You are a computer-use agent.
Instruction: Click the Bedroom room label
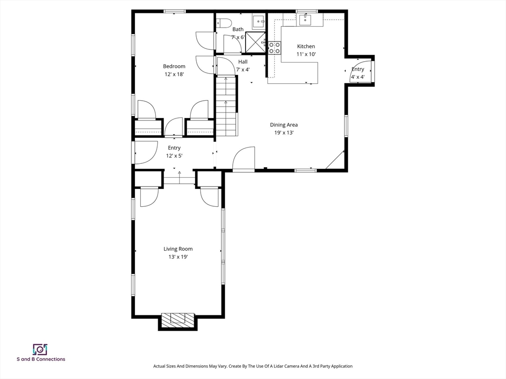tap(174, 66)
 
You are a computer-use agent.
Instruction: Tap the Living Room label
tap(178, 249)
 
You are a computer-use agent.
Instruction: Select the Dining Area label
tap(284, 125)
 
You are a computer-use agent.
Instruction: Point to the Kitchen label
tap(306, 46)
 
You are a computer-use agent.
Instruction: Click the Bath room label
tap(238, 29)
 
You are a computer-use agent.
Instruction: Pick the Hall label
tap(243, 62)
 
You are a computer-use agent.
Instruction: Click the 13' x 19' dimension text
tap(178, 257)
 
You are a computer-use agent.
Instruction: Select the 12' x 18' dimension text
tap(174, 74)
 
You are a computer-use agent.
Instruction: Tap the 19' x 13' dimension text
tap(284, 133)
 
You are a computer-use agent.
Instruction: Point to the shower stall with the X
tap(255, 42)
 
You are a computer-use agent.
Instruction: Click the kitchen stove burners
tap(274, 47)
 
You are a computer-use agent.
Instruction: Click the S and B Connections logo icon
tap(40, 349)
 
